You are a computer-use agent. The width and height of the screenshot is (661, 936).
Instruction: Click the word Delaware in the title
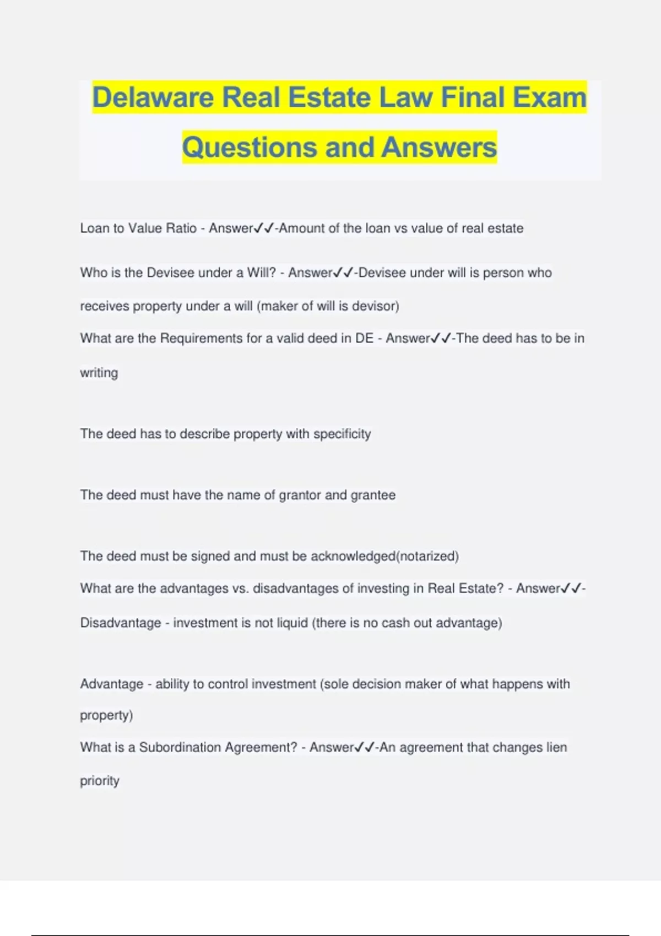coord(153,97)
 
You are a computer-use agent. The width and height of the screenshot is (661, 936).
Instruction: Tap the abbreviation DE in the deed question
coord(364,338)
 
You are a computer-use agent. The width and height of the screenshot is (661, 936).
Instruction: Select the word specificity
coord(342,434)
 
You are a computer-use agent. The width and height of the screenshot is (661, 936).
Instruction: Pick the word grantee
coord(373,495)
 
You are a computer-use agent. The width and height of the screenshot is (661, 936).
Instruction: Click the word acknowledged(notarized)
coord(384,556)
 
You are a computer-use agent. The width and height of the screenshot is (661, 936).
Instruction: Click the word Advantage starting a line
coord(112,684)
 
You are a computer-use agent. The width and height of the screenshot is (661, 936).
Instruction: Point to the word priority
coord(100,781)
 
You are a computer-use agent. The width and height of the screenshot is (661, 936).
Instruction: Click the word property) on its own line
coord(106,715)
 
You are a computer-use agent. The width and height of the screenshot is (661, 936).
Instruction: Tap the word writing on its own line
coord(99,373)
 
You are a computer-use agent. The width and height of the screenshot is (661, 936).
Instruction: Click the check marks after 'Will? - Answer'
coord(343,273)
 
